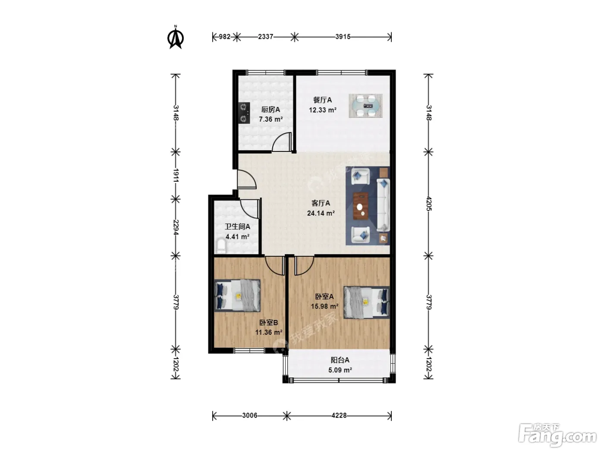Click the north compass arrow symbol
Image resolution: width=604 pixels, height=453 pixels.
[x=175, y=38]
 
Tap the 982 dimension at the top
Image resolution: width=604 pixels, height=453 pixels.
[x=224, y=37]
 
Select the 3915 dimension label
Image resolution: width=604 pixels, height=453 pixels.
[x=343, y=37]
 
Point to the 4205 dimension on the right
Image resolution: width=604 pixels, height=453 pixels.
[x=428, y=204]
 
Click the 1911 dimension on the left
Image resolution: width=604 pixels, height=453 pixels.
[x=176, y=175]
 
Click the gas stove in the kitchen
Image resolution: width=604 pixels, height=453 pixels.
[x=51, y=113]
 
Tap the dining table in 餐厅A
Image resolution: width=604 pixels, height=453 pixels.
[x=365, y=106]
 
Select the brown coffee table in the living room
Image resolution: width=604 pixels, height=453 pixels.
[x=361, y=206]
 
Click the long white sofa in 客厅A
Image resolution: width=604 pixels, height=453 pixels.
[x=383, y=205]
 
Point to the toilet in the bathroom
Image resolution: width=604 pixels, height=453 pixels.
[x=221, y=246]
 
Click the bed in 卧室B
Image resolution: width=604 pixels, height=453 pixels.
[x=237, y=296]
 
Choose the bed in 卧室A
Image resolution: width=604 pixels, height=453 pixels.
[x=367, y=302]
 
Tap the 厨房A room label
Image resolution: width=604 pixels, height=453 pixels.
[x=270, y=110]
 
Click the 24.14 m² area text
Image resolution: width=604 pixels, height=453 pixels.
[x=321, y=213]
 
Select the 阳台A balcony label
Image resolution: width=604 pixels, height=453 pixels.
[x=340, y=360]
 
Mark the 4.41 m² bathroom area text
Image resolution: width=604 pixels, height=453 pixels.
[x=237, y=236]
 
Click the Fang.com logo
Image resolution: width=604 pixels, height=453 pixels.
[x=557, y=435]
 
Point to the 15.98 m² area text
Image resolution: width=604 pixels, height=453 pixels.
[x=324, y=306]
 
